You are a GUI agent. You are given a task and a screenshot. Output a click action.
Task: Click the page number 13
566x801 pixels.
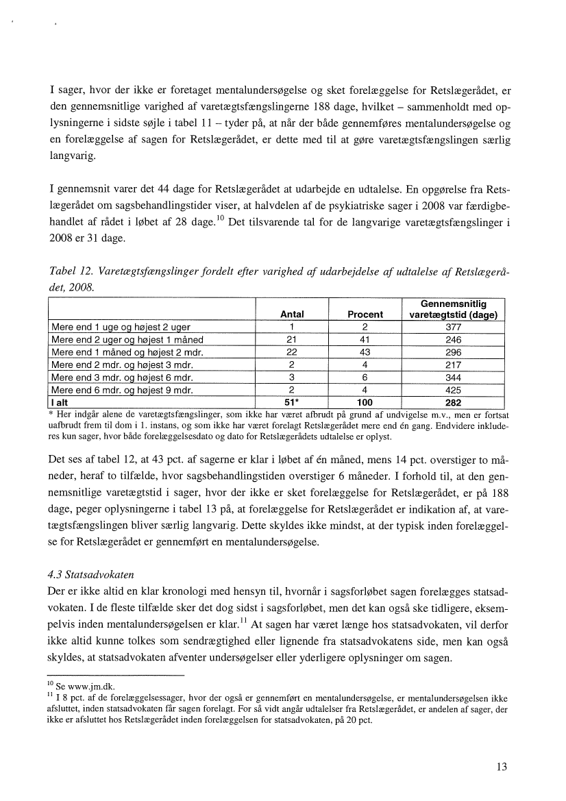pyautogui.click(x=502, y=767)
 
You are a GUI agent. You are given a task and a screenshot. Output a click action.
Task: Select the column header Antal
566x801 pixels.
pyautogui.click(x=292, y=315)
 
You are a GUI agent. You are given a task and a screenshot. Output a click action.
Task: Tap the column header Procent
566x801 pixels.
pyautogui.click(x=365, y=315)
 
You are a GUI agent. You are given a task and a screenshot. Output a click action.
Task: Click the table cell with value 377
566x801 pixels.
pyautogui.click(x=453, y=327)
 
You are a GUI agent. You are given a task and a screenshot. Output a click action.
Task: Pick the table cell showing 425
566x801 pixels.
pyautogui.click(x=453, y=390)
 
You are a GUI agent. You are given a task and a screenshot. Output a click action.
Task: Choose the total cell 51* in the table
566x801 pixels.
pyautogui.click(x=293, y=402)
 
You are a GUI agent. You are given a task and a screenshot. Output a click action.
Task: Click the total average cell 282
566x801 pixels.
pyautogui.click(x=453, y=402)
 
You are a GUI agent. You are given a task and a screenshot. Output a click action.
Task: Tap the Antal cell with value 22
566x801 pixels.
pyautogui.click(x=292, y=352)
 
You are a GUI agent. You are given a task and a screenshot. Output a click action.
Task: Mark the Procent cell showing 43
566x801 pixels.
pyautogui.click(x=365, y=352)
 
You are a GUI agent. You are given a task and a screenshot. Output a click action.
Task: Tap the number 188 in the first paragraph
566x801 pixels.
pyautogui.click(x=323, y=106)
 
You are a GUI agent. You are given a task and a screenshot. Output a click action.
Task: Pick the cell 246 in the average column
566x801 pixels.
pyautogui.click(x=453, y=340)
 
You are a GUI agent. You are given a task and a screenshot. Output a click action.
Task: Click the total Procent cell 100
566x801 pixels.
pyautogui.click(x=365, y=402)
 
